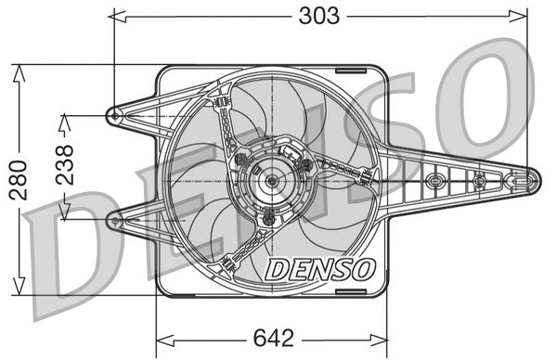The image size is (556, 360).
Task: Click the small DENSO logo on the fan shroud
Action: [320, 269]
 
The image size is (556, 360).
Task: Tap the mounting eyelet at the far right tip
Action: [531, 180]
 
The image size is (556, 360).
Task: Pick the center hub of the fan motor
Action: [271, 181]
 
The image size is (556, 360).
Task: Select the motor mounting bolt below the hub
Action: [270, 212]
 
